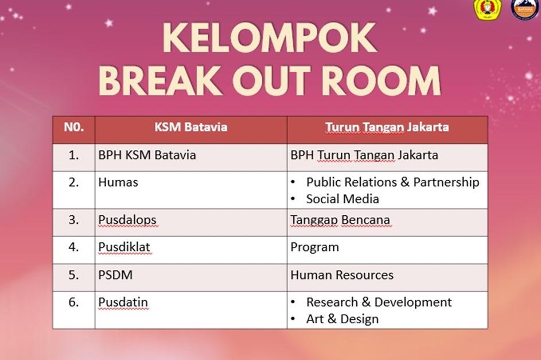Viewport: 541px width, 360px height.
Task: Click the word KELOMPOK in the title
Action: (x=270, y=38)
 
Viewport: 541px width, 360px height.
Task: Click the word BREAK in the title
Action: (x=161, y=81)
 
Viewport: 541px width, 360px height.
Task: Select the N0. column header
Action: (x=74, y=127)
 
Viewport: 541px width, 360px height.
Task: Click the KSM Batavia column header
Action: (x=191, y=127)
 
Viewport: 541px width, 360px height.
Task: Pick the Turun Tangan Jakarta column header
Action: (x=387, y=127)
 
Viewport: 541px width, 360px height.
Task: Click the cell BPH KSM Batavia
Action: (x=147, y=155)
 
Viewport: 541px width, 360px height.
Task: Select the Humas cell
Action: (x=118, y=182)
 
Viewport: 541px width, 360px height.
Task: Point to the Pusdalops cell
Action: (x=127, y=220)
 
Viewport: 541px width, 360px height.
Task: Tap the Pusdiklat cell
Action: (x=124, y=247)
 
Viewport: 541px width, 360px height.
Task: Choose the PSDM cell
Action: (x=115, y=275)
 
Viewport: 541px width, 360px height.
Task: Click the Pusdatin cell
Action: (x=123, y=302)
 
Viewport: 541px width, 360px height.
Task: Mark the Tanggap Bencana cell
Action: (x=340, y=220)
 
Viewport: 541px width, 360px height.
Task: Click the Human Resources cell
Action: (x=342, y=275)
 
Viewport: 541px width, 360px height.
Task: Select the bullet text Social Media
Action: (x=342, y=199)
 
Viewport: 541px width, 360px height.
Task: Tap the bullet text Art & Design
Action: (x=342, y=319)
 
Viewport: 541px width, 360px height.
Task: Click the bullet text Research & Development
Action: (x=379, y=302)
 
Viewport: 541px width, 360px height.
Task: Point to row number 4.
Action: (x=73, y=247)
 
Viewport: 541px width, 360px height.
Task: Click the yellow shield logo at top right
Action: (x=487, y=9)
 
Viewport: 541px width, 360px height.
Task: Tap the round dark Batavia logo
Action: (x=524, y=9)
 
